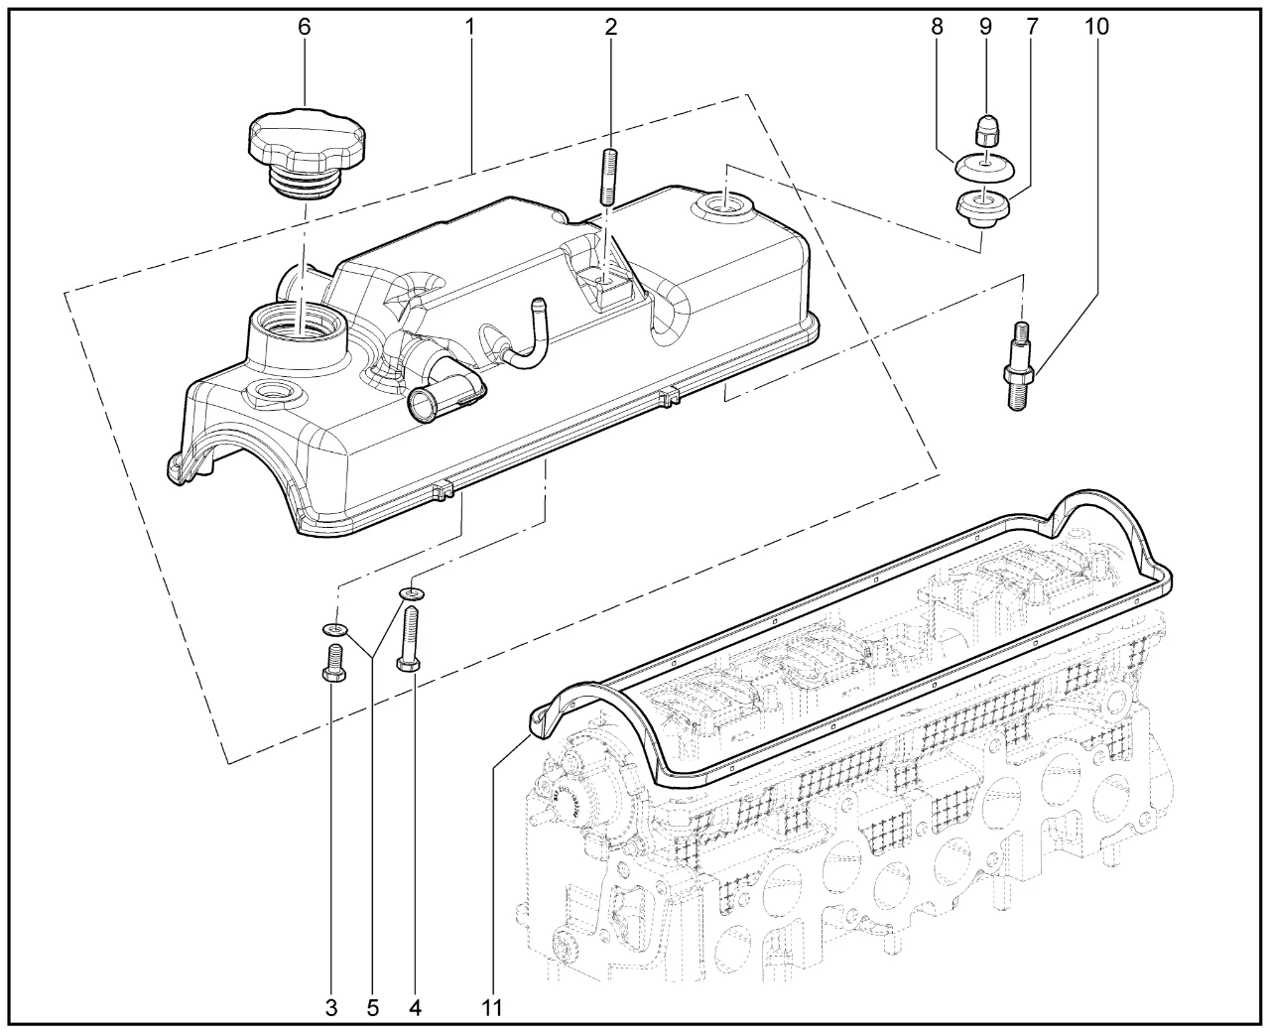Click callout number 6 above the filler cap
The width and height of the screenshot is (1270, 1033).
click(305, 27)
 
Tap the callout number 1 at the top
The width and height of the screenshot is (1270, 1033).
click(470, 27)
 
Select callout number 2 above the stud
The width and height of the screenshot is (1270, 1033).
click(610, 27)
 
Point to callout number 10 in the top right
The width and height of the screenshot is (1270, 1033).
click(1096, 27)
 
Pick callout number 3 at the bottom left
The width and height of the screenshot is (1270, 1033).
click(331, 1008)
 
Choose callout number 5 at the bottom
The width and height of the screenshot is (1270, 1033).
click(372, 1008)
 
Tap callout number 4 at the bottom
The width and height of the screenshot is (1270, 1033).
click(415, 1008)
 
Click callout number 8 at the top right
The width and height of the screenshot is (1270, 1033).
click(938, 27)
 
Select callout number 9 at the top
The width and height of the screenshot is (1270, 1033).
click(985, 27)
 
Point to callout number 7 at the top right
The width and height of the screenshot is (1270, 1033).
click(1032, 27)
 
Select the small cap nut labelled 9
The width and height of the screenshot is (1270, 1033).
click(984, 129)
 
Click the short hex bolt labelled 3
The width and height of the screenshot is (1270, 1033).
click(334, 665)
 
